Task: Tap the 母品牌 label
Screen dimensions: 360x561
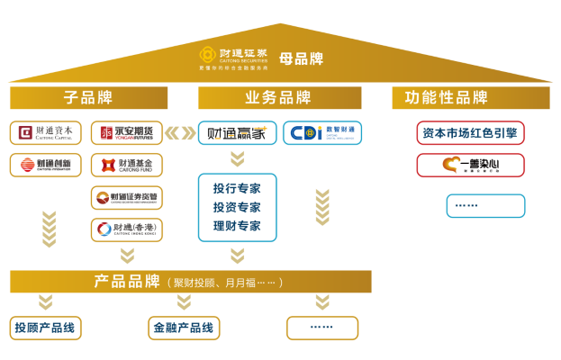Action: coord(301,58)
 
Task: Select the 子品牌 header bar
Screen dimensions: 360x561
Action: coord(88,98)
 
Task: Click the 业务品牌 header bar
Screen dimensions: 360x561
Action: coord(279,98)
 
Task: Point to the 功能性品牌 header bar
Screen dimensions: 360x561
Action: coord(470,98)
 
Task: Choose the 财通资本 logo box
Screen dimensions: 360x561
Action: coord(46,133)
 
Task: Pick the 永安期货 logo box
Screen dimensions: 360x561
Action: coord(127,133)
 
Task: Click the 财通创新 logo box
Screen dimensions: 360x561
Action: coord(46,165)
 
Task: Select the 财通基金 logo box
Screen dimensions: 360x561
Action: coord(127,165)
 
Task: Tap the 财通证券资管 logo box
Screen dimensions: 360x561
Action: coord(127,197)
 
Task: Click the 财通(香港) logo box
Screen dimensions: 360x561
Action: coord(127,229)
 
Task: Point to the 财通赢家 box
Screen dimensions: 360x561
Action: coord(237,133)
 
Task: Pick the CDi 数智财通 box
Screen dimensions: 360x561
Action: coord(322,133)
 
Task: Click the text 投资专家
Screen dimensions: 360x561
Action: coord(237,207)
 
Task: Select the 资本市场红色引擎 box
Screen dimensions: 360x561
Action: coord(470,133)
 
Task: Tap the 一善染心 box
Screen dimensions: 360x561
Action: coord(470,165)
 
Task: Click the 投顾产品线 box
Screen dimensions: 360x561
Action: coord(46,328)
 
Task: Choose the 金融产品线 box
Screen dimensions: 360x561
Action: coord(184,328)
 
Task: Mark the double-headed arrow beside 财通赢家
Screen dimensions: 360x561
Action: coord(180,133)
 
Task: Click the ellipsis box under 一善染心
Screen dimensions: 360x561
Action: coord(485,206)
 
